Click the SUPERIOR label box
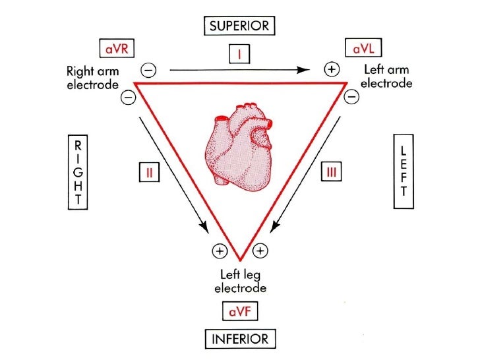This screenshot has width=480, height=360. coord(239,26)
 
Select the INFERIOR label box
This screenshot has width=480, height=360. coord(239,339)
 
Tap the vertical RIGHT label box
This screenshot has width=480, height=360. coord(77,172)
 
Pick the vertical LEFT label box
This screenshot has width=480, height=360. coord(403,171)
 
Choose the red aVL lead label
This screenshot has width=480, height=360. coord(363,48)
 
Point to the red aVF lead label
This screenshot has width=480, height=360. coord(239,312)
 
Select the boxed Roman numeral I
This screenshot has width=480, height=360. coord(239,54)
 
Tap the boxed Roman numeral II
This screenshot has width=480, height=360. coord(150,173)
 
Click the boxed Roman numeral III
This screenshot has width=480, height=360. coord(330,173)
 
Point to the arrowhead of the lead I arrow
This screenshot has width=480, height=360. coord(308,69)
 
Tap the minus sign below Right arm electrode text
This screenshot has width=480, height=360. coord(128,98)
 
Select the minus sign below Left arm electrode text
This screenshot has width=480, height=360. coord(352,98)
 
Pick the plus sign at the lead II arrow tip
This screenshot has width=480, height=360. coord(218,251)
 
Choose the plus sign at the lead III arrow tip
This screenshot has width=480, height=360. coord(261,251)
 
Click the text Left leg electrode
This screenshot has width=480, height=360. coord(240,282)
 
